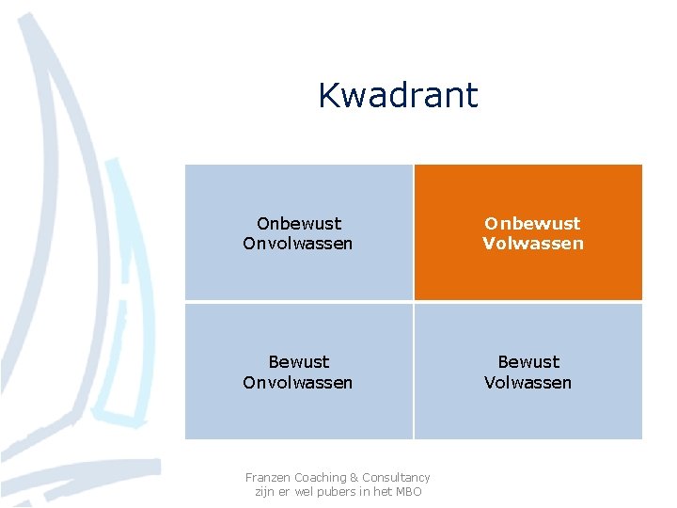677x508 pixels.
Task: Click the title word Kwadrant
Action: click(x=398, y=95)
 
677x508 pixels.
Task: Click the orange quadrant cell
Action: click(x=528, y=273)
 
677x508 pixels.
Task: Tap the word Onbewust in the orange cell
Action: click(x=532, y=223)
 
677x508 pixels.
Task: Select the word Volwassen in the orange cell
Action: click(x=532, y=244)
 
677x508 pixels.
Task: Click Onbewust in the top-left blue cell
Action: click(x=298, y=223)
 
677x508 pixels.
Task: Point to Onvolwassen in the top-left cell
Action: click(x=298, y=244)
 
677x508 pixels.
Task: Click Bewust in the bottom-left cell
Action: click(x=298, y=362)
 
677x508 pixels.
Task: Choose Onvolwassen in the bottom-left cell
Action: click(x=298, y=383)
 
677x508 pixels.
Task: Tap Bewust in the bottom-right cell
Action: click(x=528, y=362)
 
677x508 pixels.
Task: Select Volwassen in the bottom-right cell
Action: click(x=528, y=383)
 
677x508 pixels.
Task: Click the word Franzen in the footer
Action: click(x=268, y=478)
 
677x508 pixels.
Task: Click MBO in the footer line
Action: click(x=408, y=492)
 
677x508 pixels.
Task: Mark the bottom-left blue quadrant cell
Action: click(x=298, y=414)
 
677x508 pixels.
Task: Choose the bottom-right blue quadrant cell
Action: click(x=528, y=414)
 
